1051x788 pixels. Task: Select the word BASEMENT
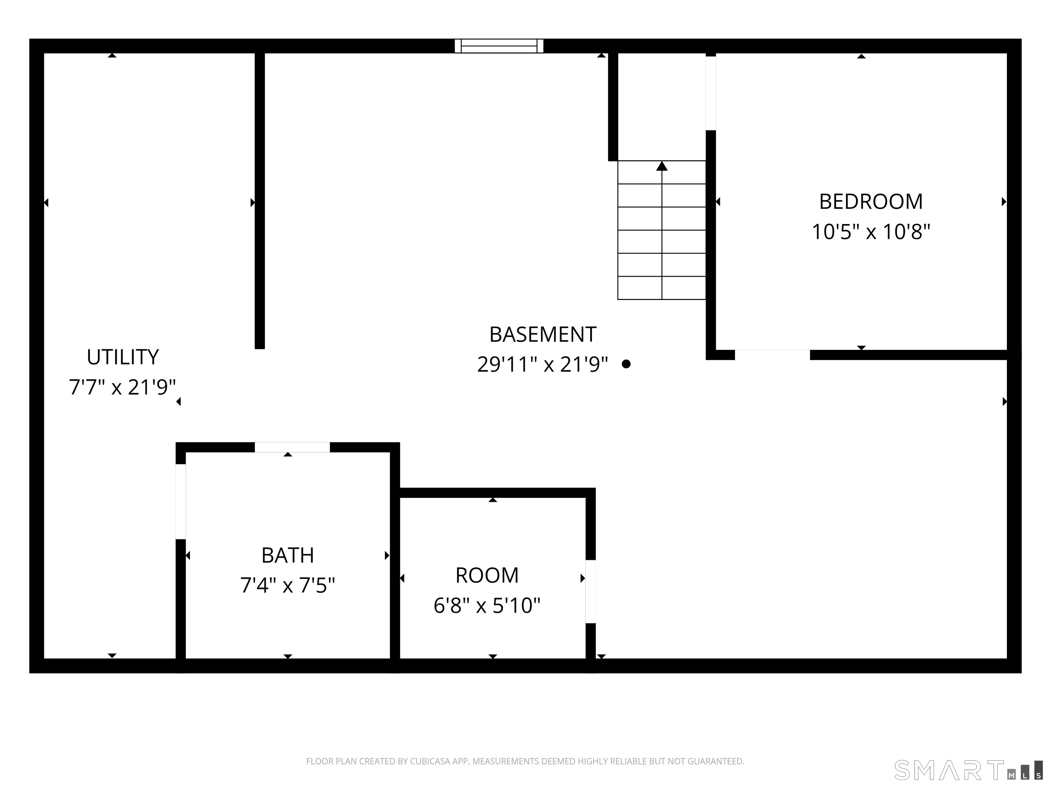pos(543,335)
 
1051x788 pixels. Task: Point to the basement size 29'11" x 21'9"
pos(543,365)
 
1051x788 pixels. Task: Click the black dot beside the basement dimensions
pos(626,364)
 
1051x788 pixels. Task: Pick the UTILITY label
pos(122,357)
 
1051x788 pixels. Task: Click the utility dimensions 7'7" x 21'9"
pos(122,387)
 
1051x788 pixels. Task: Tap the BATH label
pos(287,555)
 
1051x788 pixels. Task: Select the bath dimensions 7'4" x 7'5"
pos(287,585)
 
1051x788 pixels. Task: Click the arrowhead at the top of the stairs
pos(661,166)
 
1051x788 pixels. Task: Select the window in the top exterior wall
pos(499,46)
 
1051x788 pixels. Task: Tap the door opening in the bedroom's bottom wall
pos(772,355)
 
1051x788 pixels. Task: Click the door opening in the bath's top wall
pos(292,447)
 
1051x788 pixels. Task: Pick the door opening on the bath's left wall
pos(181,502)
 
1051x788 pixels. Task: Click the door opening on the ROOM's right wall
pos(590,592)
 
